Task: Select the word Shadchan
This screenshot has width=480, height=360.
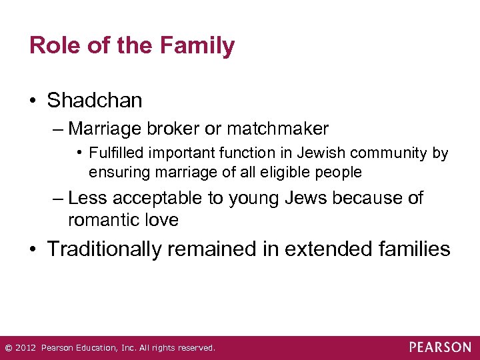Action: (95, 101)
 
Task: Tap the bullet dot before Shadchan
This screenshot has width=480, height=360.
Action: (34, 101)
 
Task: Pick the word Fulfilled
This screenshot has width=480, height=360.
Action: (117, 153)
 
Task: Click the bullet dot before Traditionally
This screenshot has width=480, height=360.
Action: (34, 250)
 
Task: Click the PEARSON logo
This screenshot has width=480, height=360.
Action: (440, 347)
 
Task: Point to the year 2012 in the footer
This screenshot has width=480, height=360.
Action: (25, 348)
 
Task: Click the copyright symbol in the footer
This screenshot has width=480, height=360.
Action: (8, 348)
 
